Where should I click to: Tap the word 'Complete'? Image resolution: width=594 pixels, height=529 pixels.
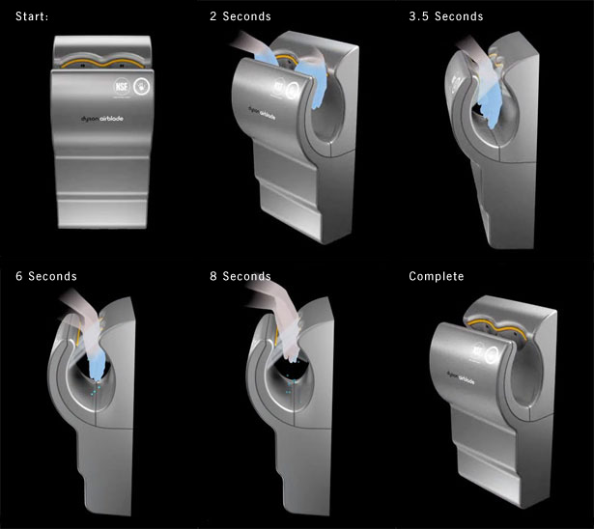point(436,276)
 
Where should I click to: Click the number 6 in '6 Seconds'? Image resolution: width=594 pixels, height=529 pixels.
point(19,276)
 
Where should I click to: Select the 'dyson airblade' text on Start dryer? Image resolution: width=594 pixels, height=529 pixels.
point(105,121)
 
